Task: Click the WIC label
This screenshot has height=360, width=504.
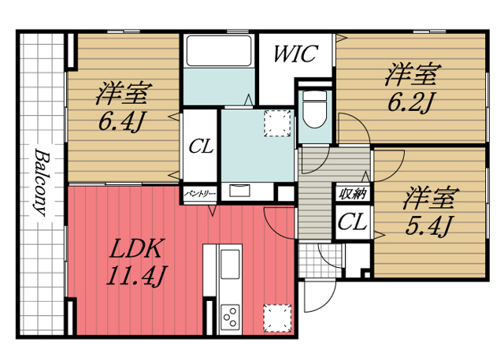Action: (295, 54)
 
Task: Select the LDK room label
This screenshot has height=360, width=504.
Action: (136, 251)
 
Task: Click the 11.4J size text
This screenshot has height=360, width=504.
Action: (136, 276)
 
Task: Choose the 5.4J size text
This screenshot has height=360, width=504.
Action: (429, 226)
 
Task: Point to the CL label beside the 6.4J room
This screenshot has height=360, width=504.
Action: (201, 147)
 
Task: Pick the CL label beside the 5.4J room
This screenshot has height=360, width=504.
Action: (352, 221)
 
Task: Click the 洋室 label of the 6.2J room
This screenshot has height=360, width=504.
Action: (409, 76)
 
